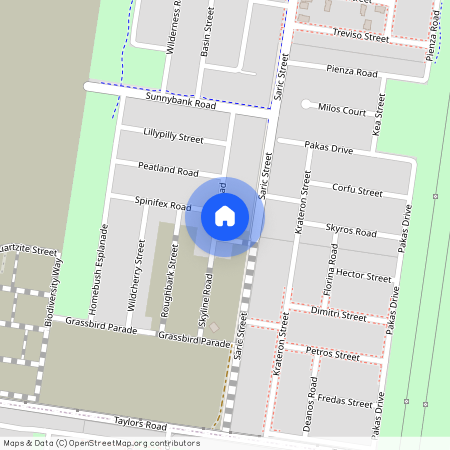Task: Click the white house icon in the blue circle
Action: pos(225,216)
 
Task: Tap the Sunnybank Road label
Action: pos(180,102)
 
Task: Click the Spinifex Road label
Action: pos(162,205)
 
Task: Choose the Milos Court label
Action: pos(341,110)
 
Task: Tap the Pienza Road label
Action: pos(351,72)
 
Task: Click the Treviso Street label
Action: pos(361,36)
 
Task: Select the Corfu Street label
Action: pos(357,190)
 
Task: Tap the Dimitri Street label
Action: pos(339,315)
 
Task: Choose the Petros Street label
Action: pos(333,354)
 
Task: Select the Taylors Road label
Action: pos(137,424)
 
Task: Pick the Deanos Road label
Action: pos(314,402)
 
